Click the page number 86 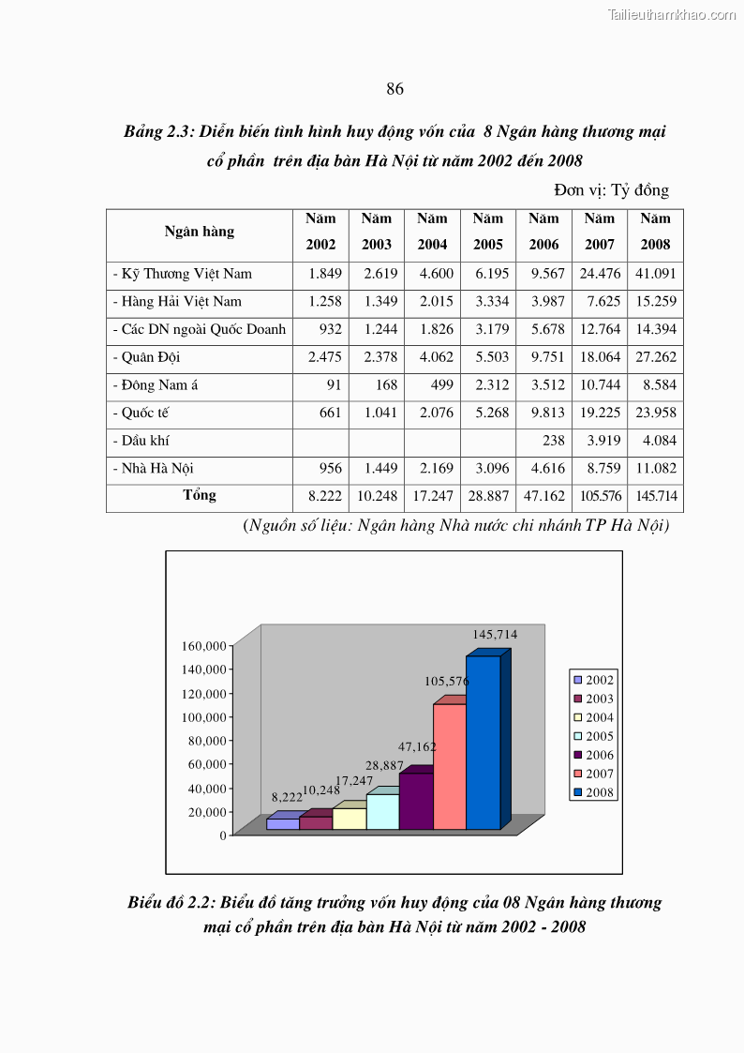(x=394, y=89)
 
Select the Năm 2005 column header (x=487, y=232)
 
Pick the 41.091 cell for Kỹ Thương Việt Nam (x=656, y=274)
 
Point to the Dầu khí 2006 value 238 (x=553, y=441)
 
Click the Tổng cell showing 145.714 (x=656, y=496)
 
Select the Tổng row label (x=200, y=495)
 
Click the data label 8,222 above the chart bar (x=287, y=797)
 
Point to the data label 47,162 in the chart (x=417, y=747)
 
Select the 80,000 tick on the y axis (x=204, y=741)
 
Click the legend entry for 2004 (x=592, y=717)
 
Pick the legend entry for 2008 (x=592, y=792)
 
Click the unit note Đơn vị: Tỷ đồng (x=611, y=190)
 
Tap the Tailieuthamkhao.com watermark (x=672, y=14)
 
